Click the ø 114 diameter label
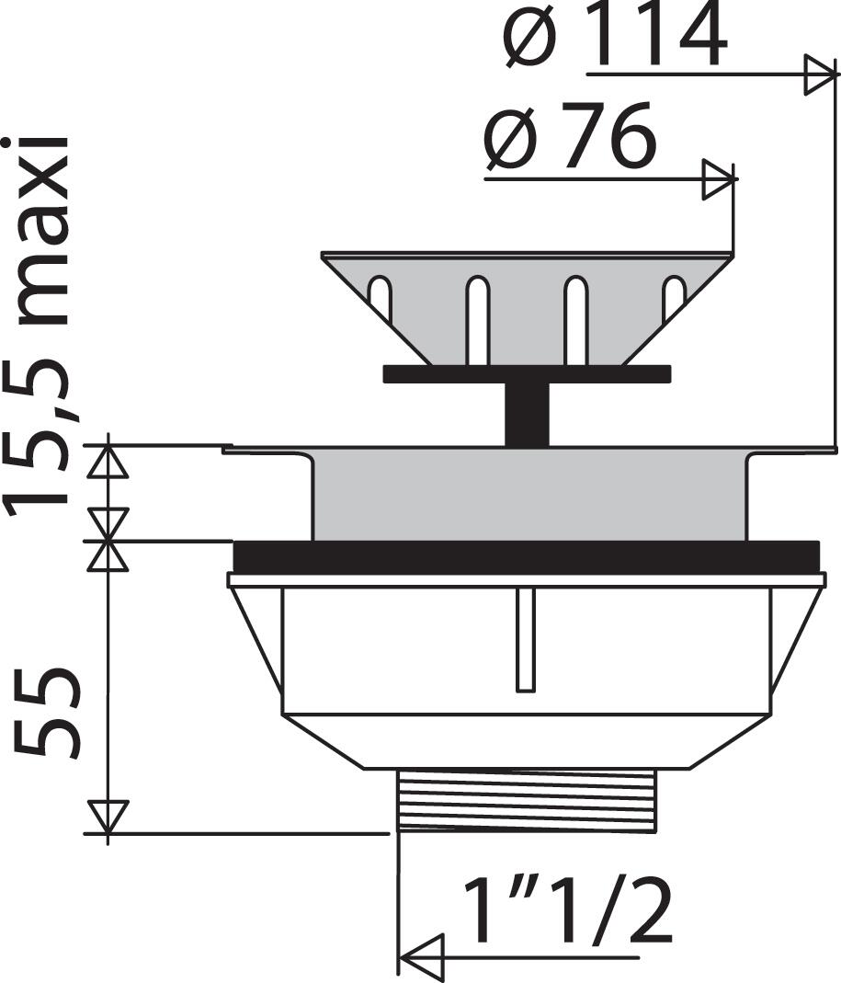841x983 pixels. (616, 37)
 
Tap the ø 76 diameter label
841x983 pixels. (571, 136)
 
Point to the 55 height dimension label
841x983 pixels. (46, 712)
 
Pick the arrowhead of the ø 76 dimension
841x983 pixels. (718, 179)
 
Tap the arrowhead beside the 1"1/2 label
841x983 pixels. (422, 958)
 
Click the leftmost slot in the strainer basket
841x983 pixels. (379, 299)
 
